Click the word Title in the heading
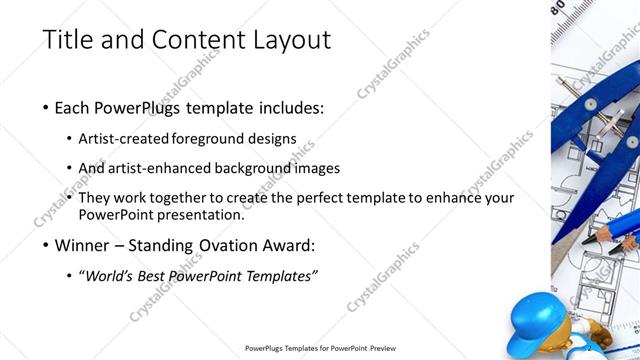coord(67,41)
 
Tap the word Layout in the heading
coord(289,41)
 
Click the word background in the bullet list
coord(270,168)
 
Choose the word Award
coord(290,245)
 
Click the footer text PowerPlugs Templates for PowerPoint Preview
coord(319,349)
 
